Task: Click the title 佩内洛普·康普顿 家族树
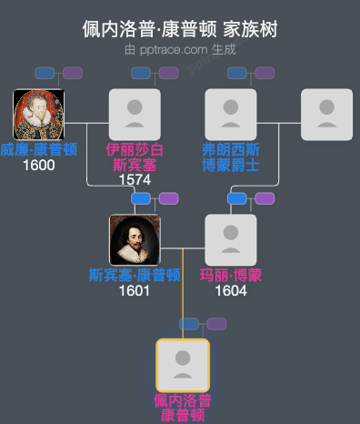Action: click(x=180, y=29)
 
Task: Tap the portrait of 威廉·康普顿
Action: click(x=38, y=115)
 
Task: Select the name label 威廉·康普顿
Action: click(x=38, y=149)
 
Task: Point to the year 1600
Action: click(x=38, y=165)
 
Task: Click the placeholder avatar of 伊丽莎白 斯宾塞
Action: click(x=135, y=115)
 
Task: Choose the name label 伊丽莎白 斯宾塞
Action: click(x=135, y=156)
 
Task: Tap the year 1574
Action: click(x=135, y=179)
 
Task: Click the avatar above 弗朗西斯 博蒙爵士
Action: click(x=231, y=115)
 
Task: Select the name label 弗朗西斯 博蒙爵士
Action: click(x=231, y=156)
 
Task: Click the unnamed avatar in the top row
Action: click(x=327, y=115)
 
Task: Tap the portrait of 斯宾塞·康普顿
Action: click(x=135, y=240)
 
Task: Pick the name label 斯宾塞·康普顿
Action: click(x=135, y=275)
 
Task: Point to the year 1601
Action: click(x=135, y=290)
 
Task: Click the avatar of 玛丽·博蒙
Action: click(x=231, y=240)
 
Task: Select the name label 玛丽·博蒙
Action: click(x=231, y=275)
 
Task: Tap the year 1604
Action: click(x=231, y=290)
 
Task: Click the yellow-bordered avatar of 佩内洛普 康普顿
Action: click(x=183, y=365)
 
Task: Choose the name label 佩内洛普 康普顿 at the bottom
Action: click(x=183, y=408)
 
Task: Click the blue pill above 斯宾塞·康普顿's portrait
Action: click(x=141, y=198)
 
